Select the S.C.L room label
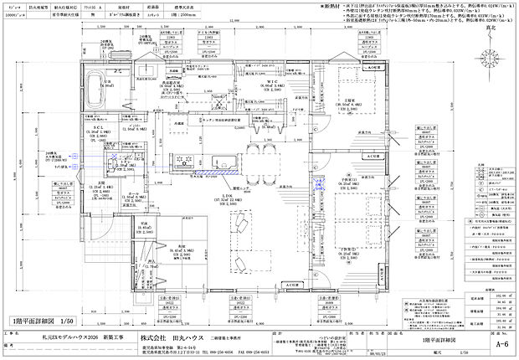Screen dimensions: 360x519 click(x=97, y=127)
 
